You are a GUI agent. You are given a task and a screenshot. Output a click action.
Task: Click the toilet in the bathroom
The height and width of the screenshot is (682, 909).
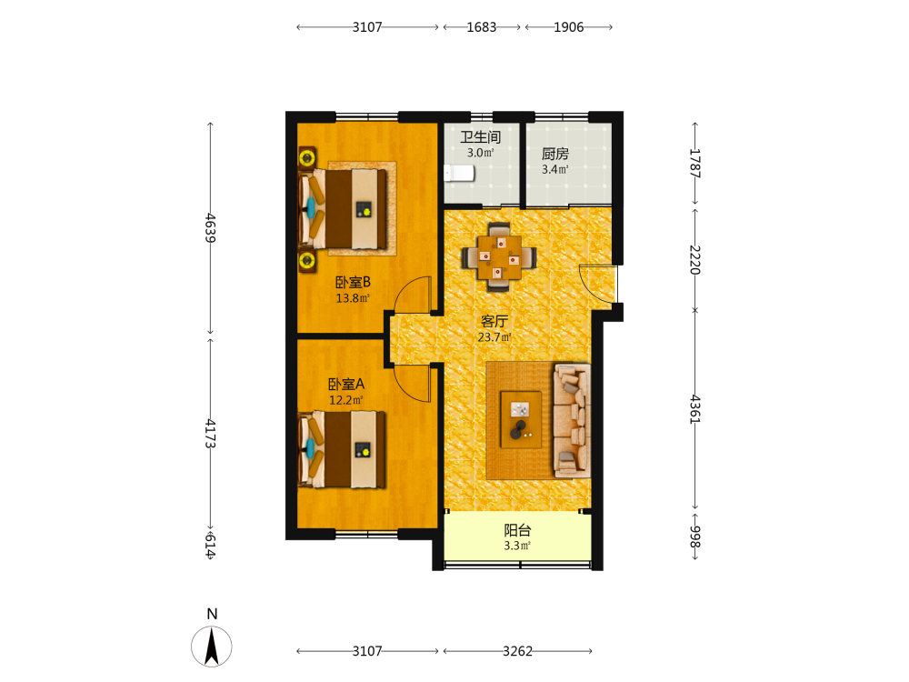(x=459, y=173)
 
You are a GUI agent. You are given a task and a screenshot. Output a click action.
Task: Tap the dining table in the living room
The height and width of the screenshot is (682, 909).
(x=498, y=257)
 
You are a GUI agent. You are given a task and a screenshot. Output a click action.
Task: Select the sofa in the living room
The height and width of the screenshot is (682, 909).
(x=572, y=420)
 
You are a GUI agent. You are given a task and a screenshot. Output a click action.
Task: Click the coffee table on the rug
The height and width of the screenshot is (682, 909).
(x=521, y=419)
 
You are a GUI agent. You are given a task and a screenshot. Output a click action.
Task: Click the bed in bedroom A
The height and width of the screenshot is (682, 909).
(x=342, y=449)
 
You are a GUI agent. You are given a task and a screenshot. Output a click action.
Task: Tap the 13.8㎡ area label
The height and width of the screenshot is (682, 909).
(x=353, y=298)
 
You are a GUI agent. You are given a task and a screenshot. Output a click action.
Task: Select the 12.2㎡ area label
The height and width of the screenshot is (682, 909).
(x=346, y=400)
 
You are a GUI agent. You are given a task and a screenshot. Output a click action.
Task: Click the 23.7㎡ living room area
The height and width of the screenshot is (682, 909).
(x=494, y=337)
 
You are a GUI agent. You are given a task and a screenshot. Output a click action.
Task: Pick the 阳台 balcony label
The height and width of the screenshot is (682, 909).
(x=517, y=530)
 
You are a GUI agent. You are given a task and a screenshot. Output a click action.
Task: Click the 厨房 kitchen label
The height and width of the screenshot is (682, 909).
(x=554, y=154)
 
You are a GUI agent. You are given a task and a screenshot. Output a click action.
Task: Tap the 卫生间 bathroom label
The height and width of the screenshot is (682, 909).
(x=481, y=137)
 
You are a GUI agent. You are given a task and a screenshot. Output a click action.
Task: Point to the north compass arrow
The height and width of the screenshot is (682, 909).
(x=212, y=646)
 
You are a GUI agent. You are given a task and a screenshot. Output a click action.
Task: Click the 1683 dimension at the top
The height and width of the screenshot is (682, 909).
(x=481, y=27)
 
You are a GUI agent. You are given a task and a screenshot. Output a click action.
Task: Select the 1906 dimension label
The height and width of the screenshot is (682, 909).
(x=569, y=27)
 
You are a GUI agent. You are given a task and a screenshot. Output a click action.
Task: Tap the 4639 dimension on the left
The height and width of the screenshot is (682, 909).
(x=211, y=228)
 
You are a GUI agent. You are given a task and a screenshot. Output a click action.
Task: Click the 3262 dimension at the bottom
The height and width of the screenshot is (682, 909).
(x=518, y=651)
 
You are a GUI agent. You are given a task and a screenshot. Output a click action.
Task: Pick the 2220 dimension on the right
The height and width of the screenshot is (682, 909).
(x=695, y=260)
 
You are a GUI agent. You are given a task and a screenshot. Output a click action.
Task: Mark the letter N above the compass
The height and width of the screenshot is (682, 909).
(x=212, y=614)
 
